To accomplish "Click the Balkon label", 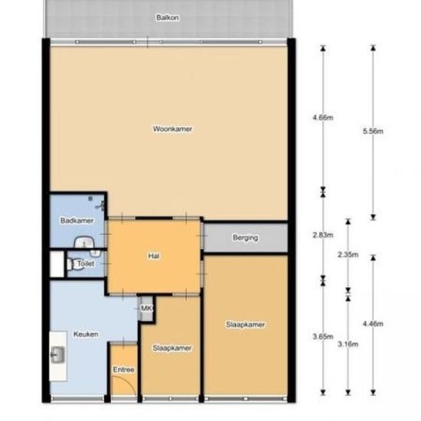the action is point(168,18).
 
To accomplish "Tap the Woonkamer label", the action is point(173,129).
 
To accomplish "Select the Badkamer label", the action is point(77,220).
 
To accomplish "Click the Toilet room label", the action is point(86,263).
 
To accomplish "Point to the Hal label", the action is point(154,256).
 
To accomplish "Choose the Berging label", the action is point(246,238).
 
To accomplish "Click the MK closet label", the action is point(147,308).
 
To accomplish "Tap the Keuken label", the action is point(86,335).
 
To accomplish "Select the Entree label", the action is point(123,370).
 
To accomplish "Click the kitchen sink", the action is point(58,355).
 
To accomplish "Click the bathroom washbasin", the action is point(85,242).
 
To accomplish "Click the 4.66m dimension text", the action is point(323,118).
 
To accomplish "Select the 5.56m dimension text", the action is point(373,132).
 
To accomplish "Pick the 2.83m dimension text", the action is point(323,235).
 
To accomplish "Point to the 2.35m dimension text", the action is point(348,255).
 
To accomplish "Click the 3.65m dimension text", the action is point(323,337).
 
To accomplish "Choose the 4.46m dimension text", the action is point(373,324).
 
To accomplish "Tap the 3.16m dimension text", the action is point(348,344).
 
